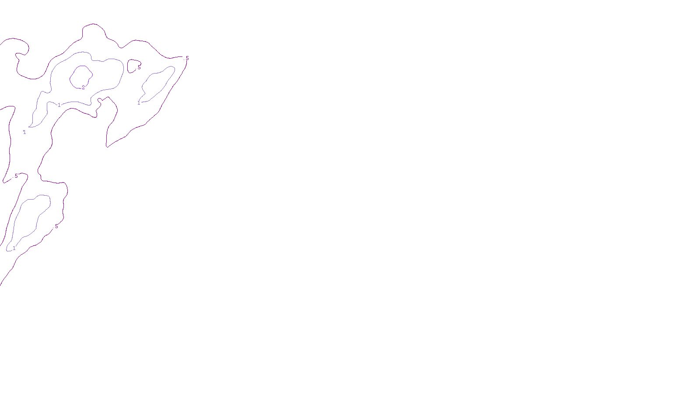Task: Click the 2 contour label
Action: (x=83, y=88)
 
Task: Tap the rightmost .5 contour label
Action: (x=187, y=58)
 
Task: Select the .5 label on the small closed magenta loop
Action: (x=139, y=67)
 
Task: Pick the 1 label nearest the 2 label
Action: (x=59, y=105)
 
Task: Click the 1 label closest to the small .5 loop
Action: (x=139, y=103)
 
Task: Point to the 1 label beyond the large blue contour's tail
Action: (x=24, y=132)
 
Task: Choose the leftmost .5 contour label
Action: (x=16, y=176)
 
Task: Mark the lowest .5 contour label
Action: (x=56, y=226)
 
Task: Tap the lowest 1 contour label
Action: (x=14, y=248)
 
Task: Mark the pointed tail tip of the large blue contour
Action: (x=29, y=127)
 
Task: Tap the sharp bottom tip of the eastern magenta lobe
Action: (x=107, y=147)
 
